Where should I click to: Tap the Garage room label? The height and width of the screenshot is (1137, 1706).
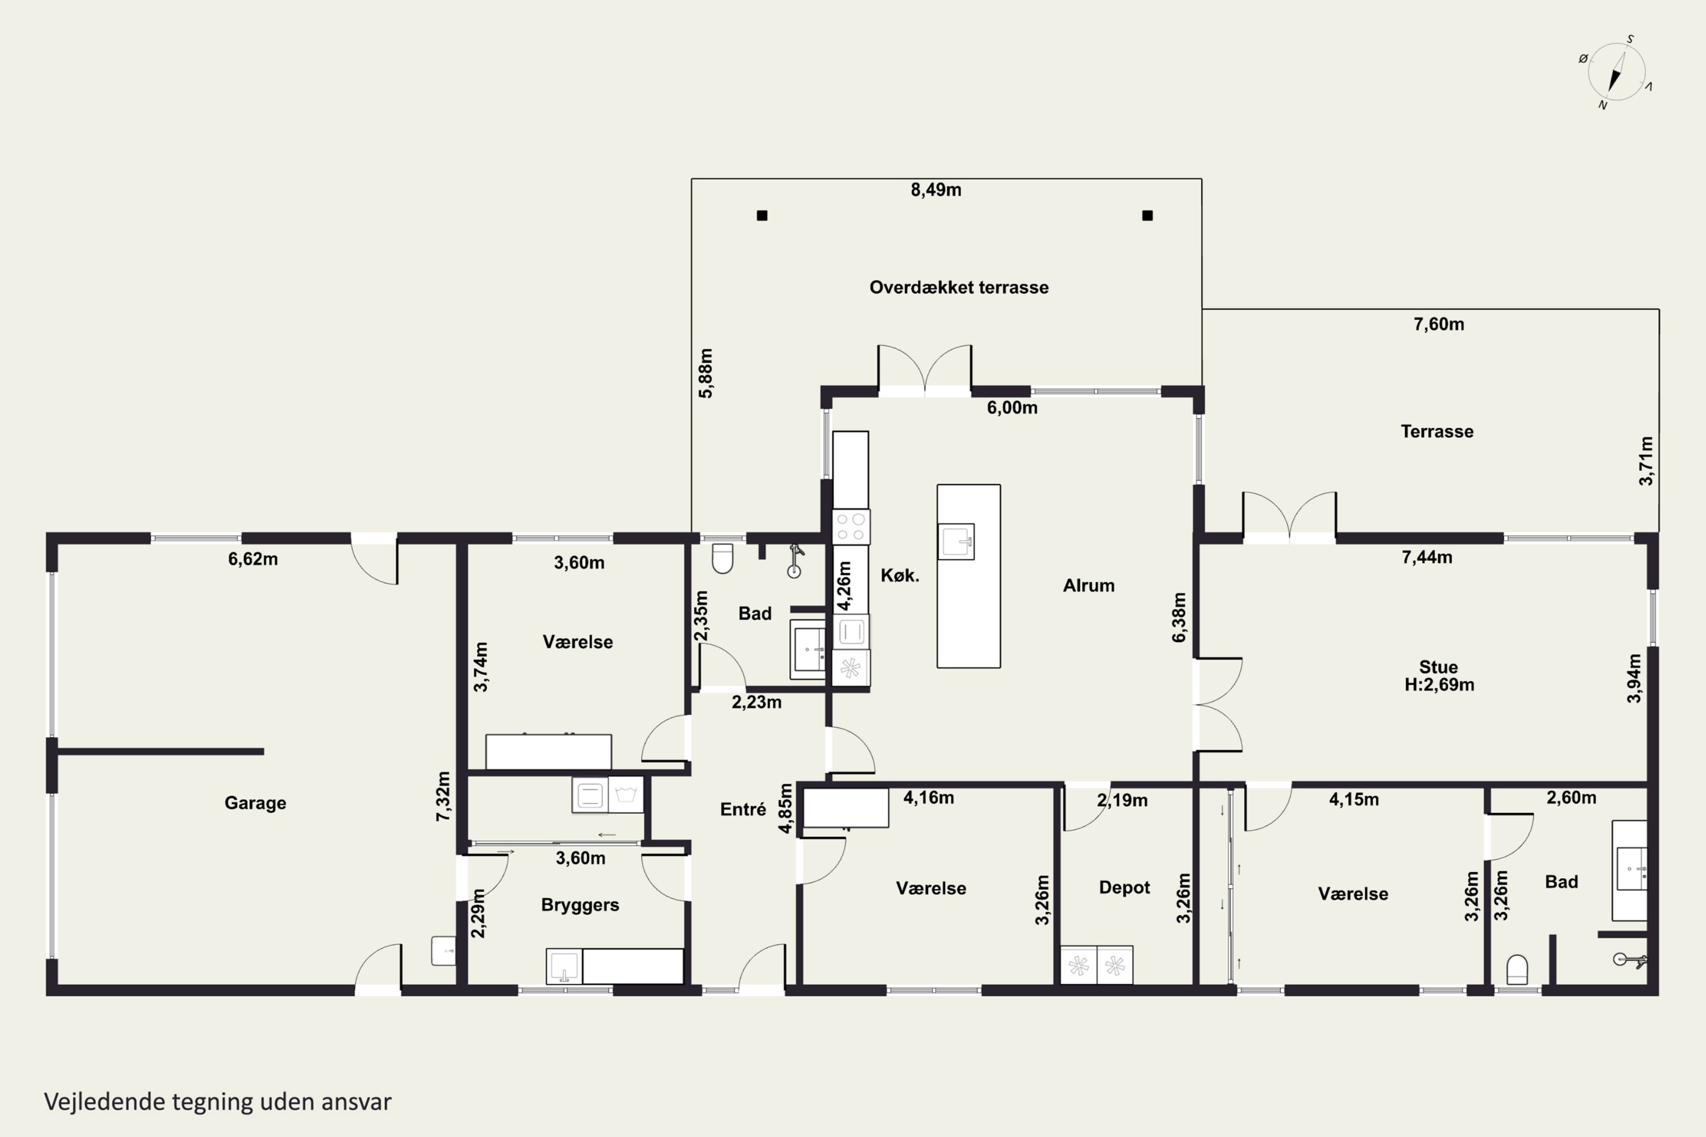255,803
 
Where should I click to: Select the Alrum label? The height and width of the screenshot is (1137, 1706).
1089,585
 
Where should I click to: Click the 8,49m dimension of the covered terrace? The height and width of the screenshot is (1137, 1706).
935,190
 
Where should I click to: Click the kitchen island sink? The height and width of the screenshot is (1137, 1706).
956,542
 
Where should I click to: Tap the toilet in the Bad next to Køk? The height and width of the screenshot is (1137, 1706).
722,558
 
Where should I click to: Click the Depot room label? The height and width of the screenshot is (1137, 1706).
1124,887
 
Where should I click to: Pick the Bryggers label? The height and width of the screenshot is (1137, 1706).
580,905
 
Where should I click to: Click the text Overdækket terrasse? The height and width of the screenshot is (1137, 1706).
959,287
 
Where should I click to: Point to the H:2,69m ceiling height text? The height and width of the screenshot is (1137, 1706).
1439,685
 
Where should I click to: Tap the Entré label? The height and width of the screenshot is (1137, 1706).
743,809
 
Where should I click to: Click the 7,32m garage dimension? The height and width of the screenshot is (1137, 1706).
443,796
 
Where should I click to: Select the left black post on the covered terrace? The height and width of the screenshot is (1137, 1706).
761,215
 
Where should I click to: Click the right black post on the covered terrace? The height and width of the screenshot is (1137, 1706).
1148,215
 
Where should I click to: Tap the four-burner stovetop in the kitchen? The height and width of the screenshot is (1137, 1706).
851,527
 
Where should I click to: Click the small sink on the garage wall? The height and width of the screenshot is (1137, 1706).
443,951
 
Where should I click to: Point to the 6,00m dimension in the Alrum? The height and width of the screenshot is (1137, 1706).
1012,408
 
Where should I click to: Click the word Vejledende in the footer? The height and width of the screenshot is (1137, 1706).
105,1102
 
